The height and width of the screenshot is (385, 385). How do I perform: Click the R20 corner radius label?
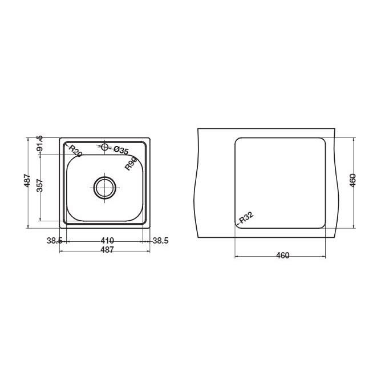[75, 151]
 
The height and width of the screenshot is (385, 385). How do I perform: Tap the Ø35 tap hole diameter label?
[121, 150]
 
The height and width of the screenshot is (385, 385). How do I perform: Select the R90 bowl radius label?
[131, 164]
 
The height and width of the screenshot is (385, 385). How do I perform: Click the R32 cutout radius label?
[246, 218]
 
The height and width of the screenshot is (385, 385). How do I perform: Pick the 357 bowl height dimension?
[40, 185]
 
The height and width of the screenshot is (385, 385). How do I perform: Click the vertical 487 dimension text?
[27, 180]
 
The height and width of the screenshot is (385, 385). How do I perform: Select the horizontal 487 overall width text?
[107, 250]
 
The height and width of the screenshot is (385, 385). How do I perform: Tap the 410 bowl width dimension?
[107, 240]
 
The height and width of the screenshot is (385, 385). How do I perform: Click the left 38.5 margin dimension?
[55, 241]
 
